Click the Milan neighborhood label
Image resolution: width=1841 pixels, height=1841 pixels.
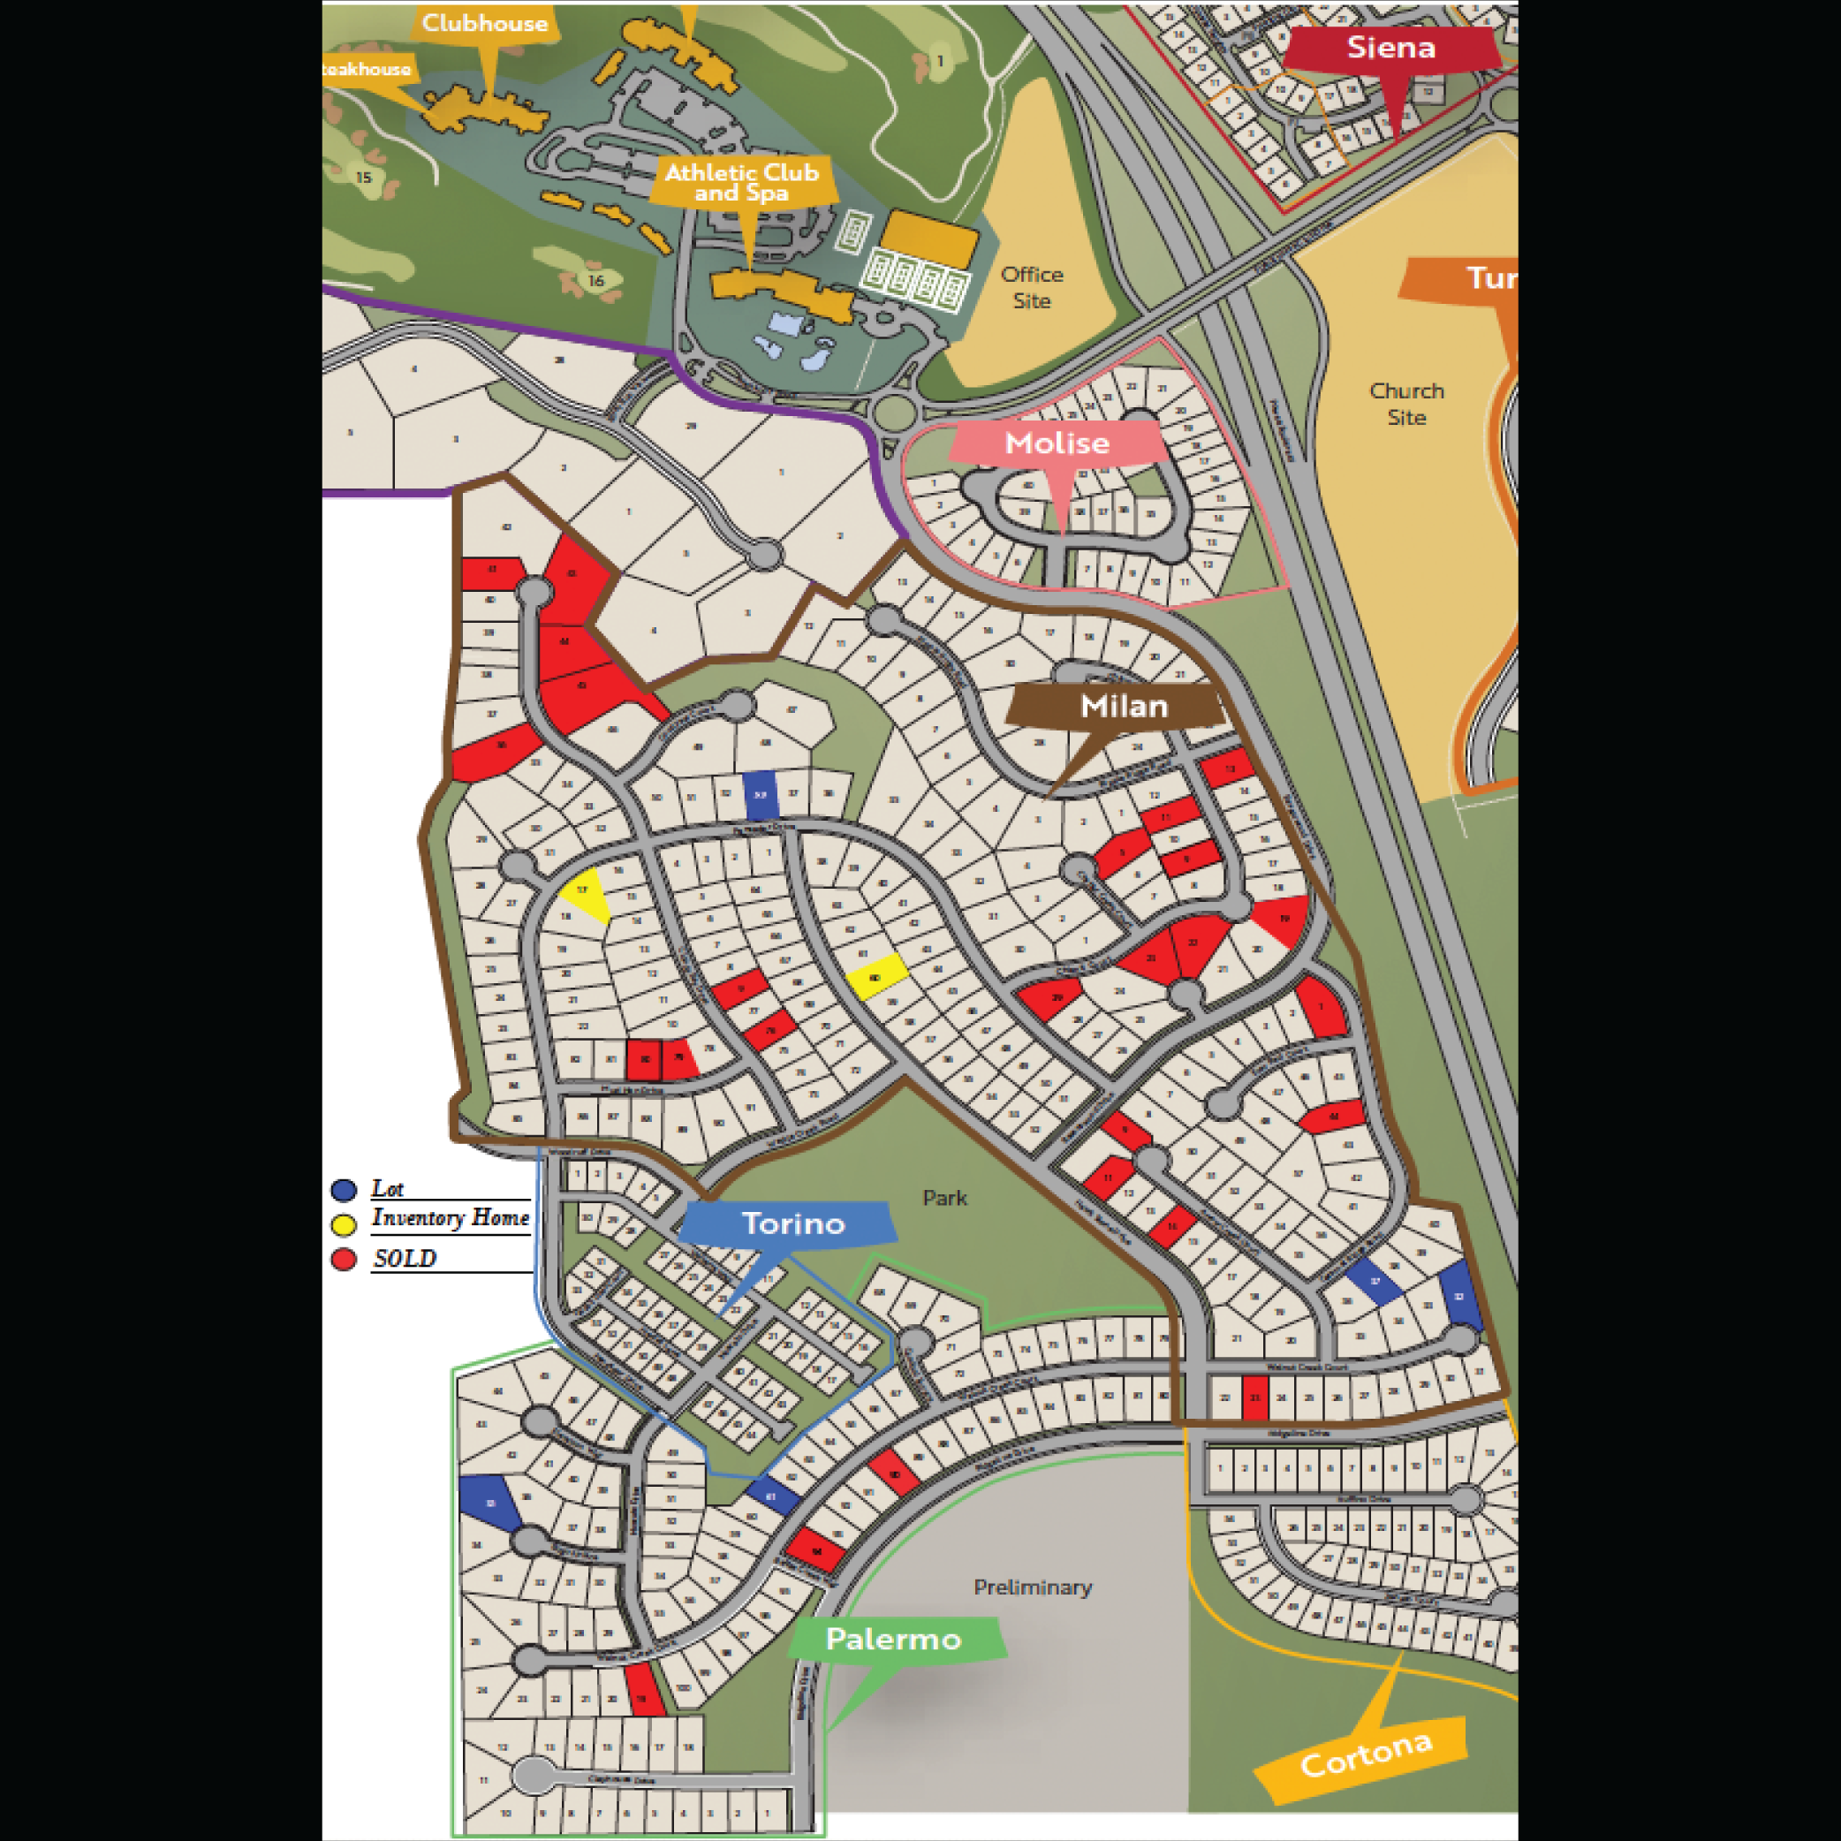[x=1124, y=706]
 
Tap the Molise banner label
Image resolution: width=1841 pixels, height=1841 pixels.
[x=1057, y=443]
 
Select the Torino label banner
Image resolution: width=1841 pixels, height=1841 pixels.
[x=792, y=1224]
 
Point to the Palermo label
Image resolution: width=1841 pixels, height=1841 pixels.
[x=893, y=1639]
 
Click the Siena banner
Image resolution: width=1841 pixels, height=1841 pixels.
[x=1390, y=48]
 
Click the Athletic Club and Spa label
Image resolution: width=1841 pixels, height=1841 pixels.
[x=741, y=182]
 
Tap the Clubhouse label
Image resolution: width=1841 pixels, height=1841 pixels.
[x=484, y=23]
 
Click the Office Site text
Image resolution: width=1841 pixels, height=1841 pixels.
[x=1031, y=287]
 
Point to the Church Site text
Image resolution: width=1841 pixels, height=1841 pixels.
[x=1406, y=403]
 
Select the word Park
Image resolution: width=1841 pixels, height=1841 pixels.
[x=944, y=1198]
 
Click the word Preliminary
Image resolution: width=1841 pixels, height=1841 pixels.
[x=1032, y=1587]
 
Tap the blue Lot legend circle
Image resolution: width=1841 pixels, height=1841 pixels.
[x=344, y=1190]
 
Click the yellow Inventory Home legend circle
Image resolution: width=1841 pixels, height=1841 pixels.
[x=344, y=1224]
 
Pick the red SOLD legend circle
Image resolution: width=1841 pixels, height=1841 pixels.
[x=344, y=1260]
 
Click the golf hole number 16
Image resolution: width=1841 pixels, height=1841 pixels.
[x=596, y=280]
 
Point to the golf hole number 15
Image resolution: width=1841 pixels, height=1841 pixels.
[x=363, y=178]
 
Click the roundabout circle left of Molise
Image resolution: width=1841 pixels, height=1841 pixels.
[x=893, y=413]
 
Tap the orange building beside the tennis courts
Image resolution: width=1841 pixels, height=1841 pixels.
[x=929, y=239]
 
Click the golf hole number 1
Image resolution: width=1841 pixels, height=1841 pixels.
[x=940, y=61]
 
